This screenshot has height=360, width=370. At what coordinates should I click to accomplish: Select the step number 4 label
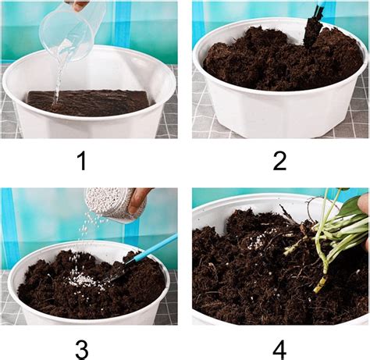point(279,344)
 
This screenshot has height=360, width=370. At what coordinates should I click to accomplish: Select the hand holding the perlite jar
point(139,201)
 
